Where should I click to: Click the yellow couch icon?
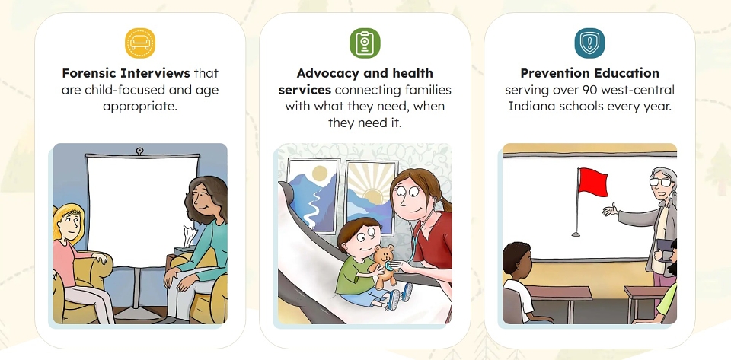[x=140, y=43]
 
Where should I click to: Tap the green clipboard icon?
[x=365, y=43]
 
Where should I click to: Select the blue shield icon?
[x=589, y=43]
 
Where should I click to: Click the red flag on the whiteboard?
[x=592, y=182]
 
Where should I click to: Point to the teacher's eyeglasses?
[x=662, y=182]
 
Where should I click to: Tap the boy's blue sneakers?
[x=400, y=296]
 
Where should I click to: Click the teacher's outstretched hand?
[x=610, y=210]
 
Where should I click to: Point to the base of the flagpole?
[x=576, y=234]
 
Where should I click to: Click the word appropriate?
[x=140, y=107]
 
